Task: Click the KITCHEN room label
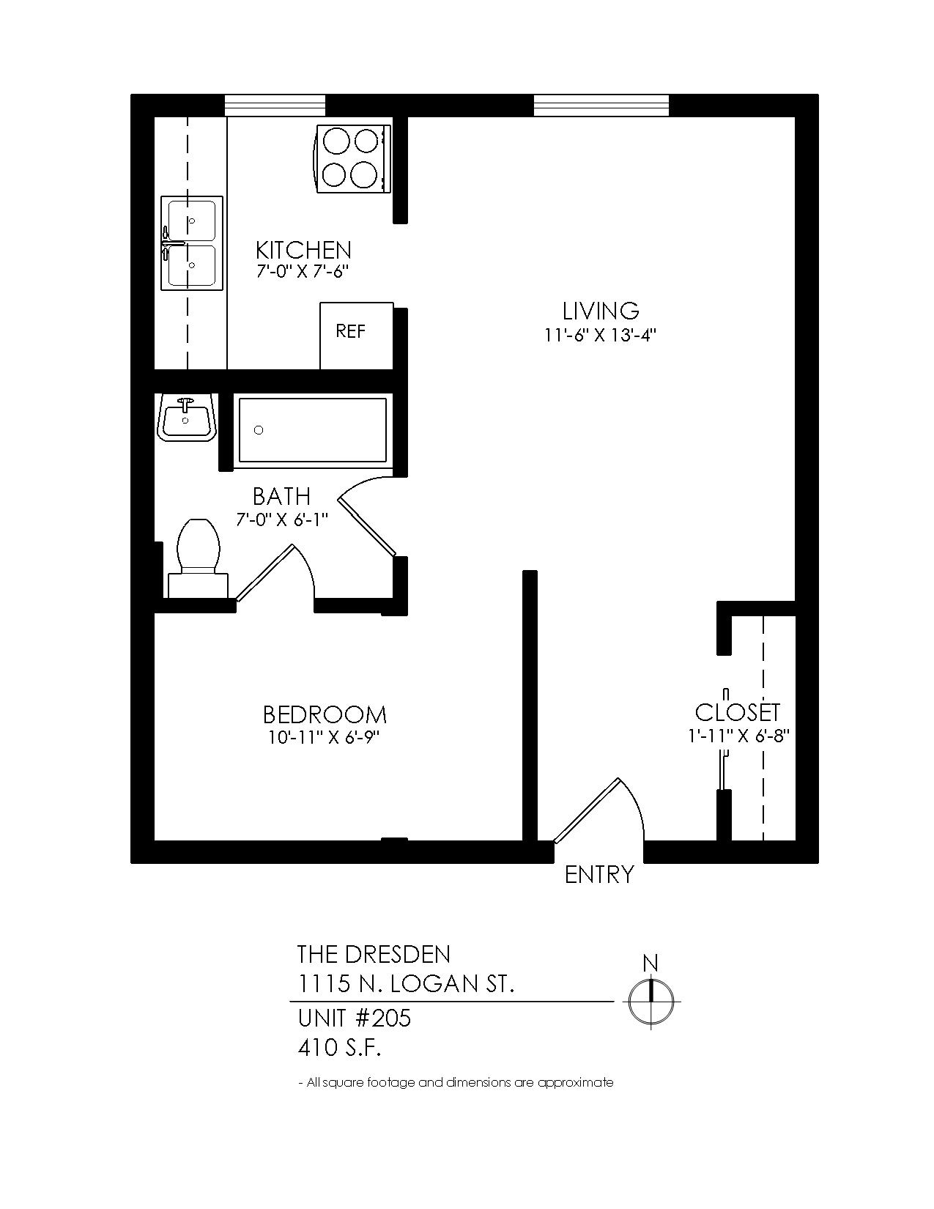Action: point(303,249)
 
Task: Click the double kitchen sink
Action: point(191,243)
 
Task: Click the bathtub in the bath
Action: point(312,430)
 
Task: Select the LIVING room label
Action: point(600,311)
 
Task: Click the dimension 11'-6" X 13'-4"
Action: point(600,336)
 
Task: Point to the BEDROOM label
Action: point(325,714)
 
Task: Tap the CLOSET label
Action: point(737,711)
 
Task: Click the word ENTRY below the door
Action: point(598,874)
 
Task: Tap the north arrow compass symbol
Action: point(651,1001)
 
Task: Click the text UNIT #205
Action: point(354,1018)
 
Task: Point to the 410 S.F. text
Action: point(340,1049)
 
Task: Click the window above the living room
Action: point(601,106)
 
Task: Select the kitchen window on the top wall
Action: point(274,106)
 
